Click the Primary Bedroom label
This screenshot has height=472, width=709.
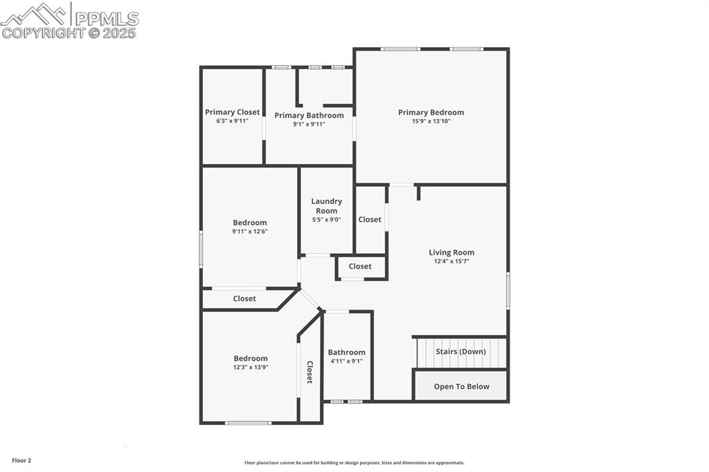pyautogui.click(x=431, y=112)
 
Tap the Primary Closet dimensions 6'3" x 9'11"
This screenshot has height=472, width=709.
pyautogui.click(x=232, y=121)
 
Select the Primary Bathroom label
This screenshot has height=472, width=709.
pyautogui.click(x=309, y=116)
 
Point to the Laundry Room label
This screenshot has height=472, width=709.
pyautogui.click(x=326, y=206)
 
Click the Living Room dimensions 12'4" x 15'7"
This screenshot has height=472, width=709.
pyautogui.click(x=451, y=262)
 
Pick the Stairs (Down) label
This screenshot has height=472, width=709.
pyautogui.click(x=460, y=352)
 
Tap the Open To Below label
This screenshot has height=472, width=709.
pyautogui.click(x=461, y=387)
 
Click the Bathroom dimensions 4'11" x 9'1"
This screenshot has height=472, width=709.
pyautogui.click(x=346, y=361)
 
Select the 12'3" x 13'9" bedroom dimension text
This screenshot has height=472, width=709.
pyautogui.click(x=251, y=367)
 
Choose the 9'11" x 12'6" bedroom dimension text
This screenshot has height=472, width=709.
pyautogui.click(x=249, y=232)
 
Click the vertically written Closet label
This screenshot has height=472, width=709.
pyautogui.click(x=309, y=372)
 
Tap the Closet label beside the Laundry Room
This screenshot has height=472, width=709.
pyautogui.click(x=370, y=219)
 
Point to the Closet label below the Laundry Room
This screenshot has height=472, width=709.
pyautogui.click(x=360, y=266)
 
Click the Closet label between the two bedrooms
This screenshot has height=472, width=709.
pyautogui.click(x=244, y=299)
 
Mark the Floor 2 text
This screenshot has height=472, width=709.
pyautogui.click(x=21, y=460)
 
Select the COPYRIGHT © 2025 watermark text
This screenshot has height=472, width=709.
pyautogui.click(x=69, y=33)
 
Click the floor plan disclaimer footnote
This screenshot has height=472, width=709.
pyautogui.click(x=354, y=463)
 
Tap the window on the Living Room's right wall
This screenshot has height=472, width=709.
pyautogui.click(x=508, y=291)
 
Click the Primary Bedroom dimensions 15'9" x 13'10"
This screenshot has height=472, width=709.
pyautogui.click(x=431, y=121)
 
